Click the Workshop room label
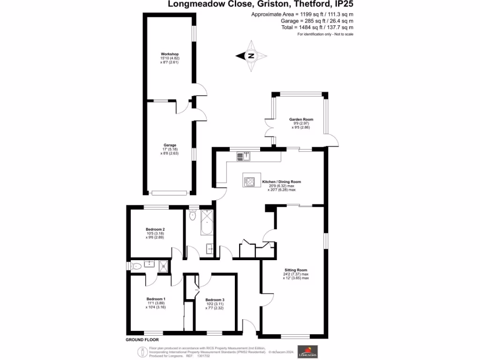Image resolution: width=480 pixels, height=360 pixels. tap(170, 54)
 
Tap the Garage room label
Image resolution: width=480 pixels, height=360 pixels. tap(170, 145)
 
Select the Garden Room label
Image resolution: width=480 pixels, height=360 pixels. tap(301, 120)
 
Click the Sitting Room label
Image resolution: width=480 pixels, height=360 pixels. tap(296, 270)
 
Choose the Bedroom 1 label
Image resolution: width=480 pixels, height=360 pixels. tap(156, 299)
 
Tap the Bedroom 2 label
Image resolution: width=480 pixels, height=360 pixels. tap(156, 229)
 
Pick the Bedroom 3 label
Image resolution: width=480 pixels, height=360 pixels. tap(215, 300)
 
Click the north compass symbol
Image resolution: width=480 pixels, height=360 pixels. tap(251, 56)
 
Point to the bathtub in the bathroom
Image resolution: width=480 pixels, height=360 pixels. tap(207, 222)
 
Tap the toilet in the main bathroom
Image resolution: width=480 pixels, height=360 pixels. tap(192, 216)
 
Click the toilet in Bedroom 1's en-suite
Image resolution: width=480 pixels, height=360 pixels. tap(136, 266)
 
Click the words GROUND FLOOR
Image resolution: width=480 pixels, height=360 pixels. tap(142, 339)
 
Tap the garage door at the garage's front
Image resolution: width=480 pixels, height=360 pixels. tap(170, 192)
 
